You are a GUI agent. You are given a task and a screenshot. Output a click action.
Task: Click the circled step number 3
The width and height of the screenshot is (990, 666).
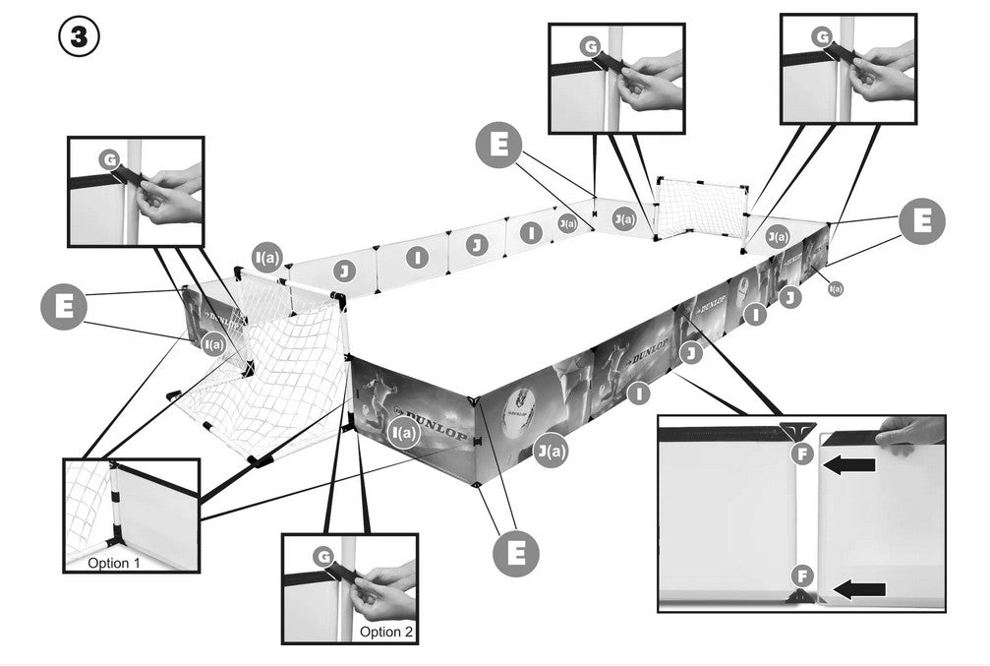pyautogui.click(x=80, y=39)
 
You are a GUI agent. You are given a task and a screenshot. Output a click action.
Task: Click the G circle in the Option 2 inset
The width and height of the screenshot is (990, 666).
pyautogui.click(x=322, y=557)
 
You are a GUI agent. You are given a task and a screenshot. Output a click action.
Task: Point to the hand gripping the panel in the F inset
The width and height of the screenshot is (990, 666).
pyautogui.click(x=908, y=433)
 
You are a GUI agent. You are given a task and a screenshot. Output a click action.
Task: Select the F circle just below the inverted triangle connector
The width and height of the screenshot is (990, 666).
pyautogui.click(x=803, y=454)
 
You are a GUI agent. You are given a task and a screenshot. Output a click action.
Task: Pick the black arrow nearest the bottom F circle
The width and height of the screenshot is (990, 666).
pyautogui.click(x=858, y=590)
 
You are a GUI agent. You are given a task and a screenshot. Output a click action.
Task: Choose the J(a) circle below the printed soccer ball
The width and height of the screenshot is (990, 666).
pyautogui.click(x=551, y=452)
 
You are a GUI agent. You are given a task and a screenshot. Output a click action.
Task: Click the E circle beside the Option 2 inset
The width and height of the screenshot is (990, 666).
pyautogui.click(x=514, y=552)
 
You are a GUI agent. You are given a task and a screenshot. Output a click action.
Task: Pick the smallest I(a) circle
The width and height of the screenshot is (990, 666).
pyautogui.click(x=835, y=288)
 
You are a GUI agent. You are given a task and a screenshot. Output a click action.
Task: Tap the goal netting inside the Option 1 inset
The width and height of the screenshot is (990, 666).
pyautogui.click(x=87, y=502)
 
